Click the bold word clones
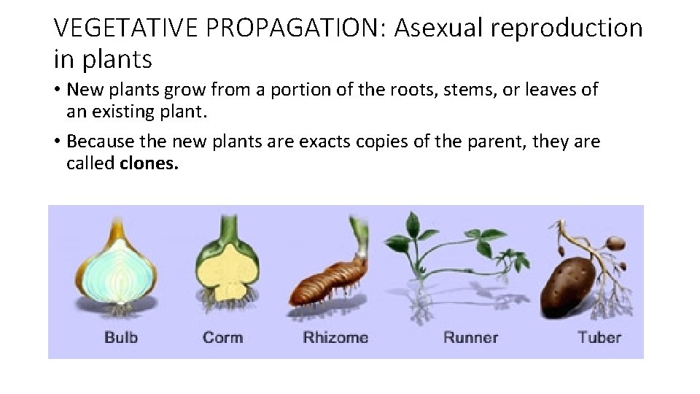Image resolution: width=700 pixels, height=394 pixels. pyautogui.click(x=149, y=163)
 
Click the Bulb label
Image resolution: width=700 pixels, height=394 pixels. pyautogui.click(x=121, y=337)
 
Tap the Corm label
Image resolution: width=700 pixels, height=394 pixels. pyautogui.click(x=222, y=337)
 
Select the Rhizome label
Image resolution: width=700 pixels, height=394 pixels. pyautogui.click(x=335, y=337)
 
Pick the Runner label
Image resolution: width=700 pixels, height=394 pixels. pyautogui.click(x=470, y=337)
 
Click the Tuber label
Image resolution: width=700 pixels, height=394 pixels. pyautogui.click(x=599, y=337)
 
